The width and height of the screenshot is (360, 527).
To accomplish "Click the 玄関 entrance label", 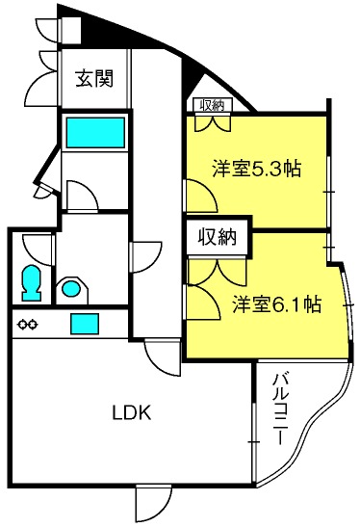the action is (x=94, y=78).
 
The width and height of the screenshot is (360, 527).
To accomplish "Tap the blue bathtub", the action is (x=95, y=132).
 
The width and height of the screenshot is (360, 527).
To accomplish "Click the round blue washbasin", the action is (x=71, y=288).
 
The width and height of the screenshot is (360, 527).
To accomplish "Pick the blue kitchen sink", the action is (x=85, y=324).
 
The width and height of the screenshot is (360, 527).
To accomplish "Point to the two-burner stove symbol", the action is (x=27, y=325).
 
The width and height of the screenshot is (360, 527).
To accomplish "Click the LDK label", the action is (x=132, y=412).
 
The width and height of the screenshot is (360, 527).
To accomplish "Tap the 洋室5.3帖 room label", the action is (x=256, y=169).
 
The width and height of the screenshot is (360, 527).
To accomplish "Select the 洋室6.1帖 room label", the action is (x=276, y=304).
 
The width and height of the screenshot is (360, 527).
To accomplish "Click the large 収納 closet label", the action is (x=217, y=237).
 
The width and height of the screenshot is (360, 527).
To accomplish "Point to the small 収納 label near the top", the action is (x=212, y=106).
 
